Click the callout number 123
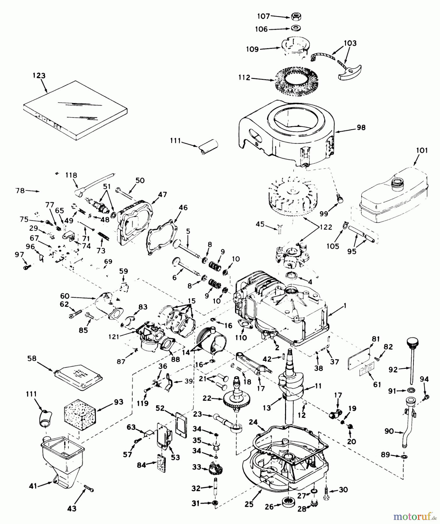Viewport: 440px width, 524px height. (x=39, y=75)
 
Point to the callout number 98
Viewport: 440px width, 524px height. (x=361, y=128)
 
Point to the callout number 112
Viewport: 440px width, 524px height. (x=244, y=78)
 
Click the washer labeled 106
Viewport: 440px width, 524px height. (x=296, y=29)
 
